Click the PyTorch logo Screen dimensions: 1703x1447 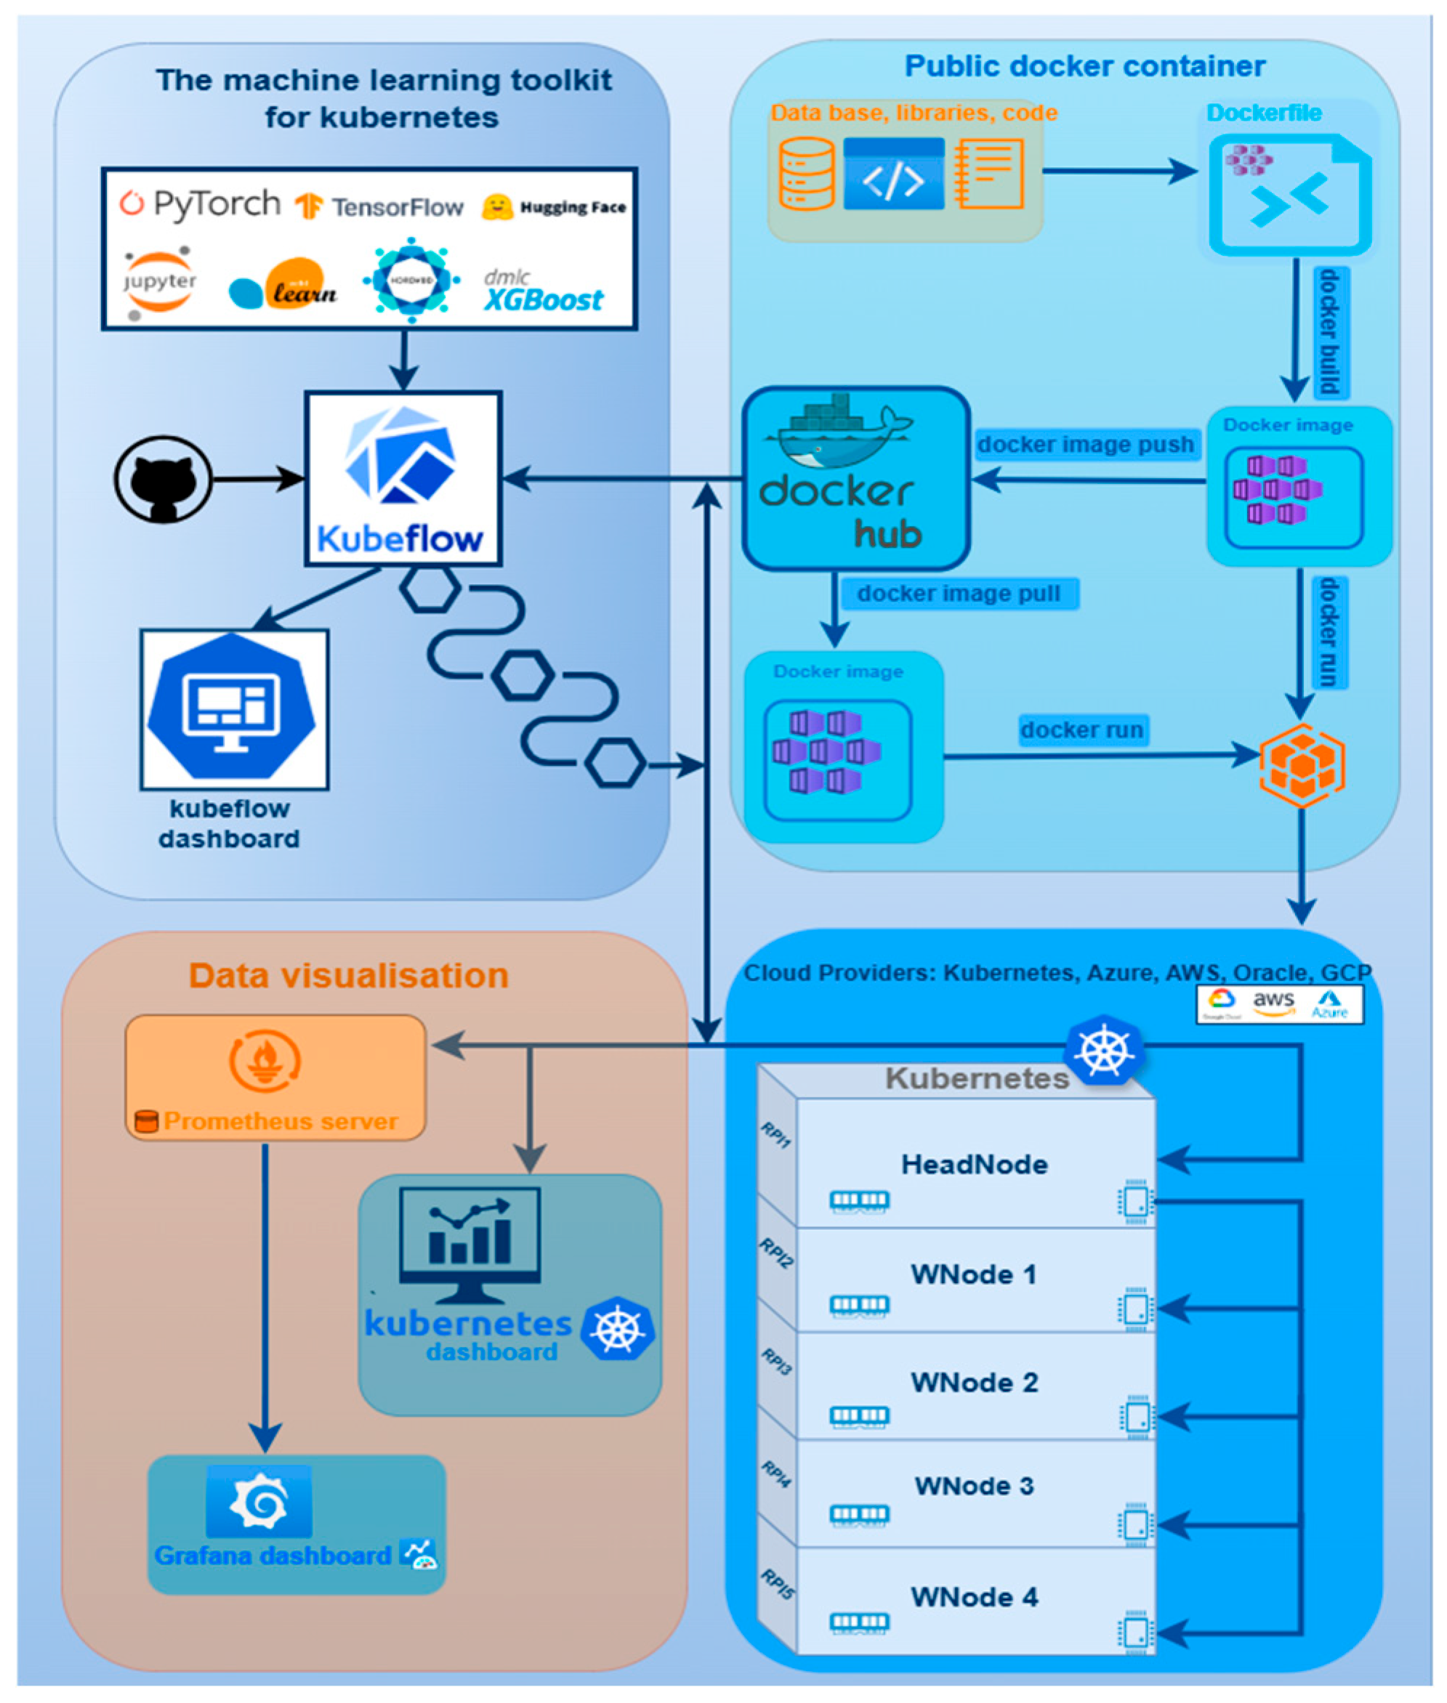200,204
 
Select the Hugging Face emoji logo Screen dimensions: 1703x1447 497,206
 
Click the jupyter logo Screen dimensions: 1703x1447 159,282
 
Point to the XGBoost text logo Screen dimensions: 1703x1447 543,299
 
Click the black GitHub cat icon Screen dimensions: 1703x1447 164,479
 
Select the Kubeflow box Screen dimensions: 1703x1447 403,479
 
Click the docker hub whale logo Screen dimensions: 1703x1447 837,433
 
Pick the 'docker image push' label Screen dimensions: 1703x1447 1084,445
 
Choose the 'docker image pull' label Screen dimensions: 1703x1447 958,593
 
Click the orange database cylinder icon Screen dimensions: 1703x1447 806,174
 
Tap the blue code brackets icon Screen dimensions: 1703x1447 893,174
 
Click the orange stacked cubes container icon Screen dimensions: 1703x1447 1302,764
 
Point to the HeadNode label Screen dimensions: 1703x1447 974,1165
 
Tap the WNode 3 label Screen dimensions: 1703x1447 974,1486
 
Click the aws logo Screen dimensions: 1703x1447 1273,1001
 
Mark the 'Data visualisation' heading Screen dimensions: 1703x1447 349,976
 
